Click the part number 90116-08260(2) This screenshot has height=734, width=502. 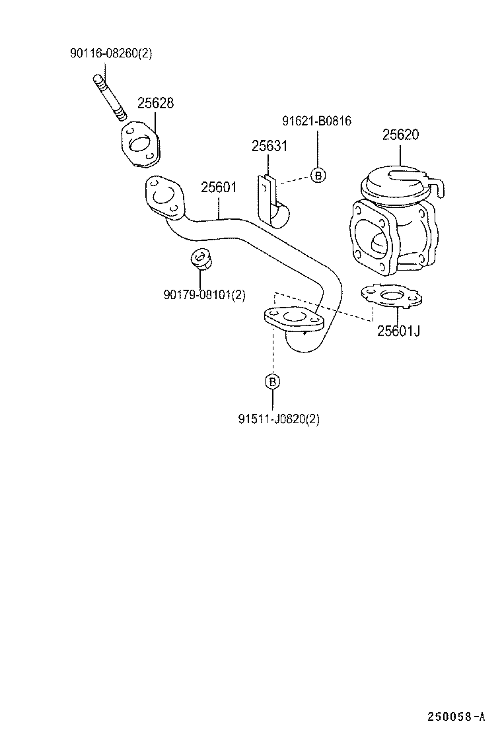(x=110, y=53)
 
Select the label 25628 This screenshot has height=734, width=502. (x=155, y=103)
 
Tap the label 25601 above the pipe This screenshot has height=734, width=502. (x=218, y=187)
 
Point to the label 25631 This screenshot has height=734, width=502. (x=269, y=146)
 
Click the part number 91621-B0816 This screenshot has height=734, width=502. (x=316, y=121)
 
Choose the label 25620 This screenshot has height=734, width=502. (x=400, y=135)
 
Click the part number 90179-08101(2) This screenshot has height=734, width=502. (x=204, y=295)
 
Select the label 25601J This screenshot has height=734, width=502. (x=398, y=331)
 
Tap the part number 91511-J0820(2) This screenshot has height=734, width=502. (x=279, y=418)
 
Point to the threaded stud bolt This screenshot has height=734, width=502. (x=109, y=98)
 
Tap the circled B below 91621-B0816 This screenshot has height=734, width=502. (x=318, y=176)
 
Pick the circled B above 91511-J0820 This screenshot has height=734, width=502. (x=272, y=382)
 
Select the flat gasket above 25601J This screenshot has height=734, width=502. (x=391, y=296)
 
